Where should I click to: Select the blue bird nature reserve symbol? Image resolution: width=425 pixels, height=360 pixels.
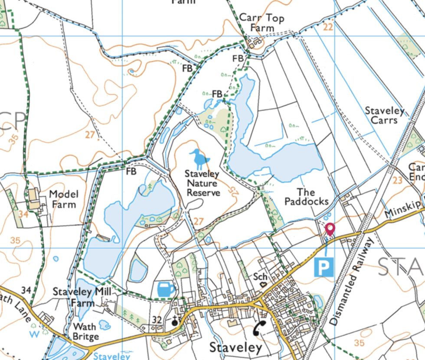pos(200,159)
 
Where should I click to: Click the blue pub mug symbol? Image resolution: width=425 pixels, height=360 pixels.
pos(166,289)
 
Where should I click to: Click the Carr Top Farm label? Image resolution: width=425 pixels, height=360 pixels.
pos(257,23)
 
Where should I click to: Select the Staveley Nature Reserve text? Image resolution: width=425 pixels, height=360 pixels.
pos(202,183)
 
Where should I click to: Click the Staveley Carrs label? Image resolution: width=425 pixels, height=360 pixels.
pos(384,115)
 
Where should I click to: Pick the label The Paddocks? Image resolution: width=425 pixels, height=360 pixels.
pos(306,196)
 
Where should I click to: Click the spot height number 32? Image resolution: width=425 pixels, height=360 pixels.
pos(157,320)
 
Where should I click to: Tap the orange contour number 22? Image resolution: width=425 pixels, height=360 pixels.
pos(328,27)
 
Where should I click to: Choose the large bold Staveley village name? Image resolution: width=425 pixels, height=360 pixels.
pos(236,347)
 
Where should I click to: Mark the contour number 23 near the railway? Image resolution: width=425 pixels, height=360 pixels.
pos(398,180)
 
